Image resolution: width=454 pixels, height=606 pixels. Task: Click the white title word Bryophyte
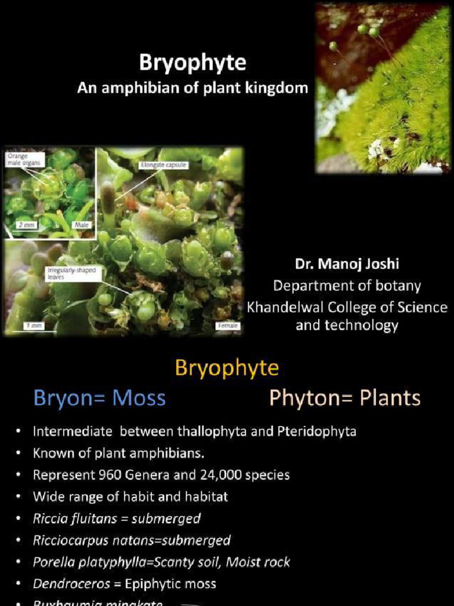coord(193,63)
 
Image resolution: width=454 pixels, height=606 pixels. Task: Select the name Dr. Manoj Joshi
coord(346,264)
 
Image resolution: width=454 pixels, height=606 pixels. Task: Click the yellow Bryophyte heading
coord(227,368)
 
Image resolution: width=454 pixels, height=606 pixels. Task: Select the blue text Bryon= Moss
coord(99,398)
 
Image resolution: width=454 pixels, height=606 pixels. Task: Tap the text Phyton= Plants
coord(345,398)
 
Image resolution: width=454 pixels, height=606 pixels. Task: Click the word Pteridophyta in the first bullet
coord(316,431)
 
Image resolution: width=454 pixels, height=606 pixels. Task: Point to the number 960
coord(99,475)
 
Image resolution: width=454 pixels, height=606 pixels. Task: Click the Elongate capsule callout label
coord(164,166)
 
